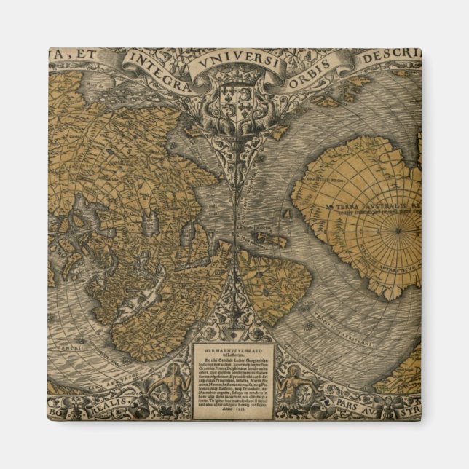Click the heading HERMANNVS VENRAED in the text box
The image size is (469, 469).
pos(234,344)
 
